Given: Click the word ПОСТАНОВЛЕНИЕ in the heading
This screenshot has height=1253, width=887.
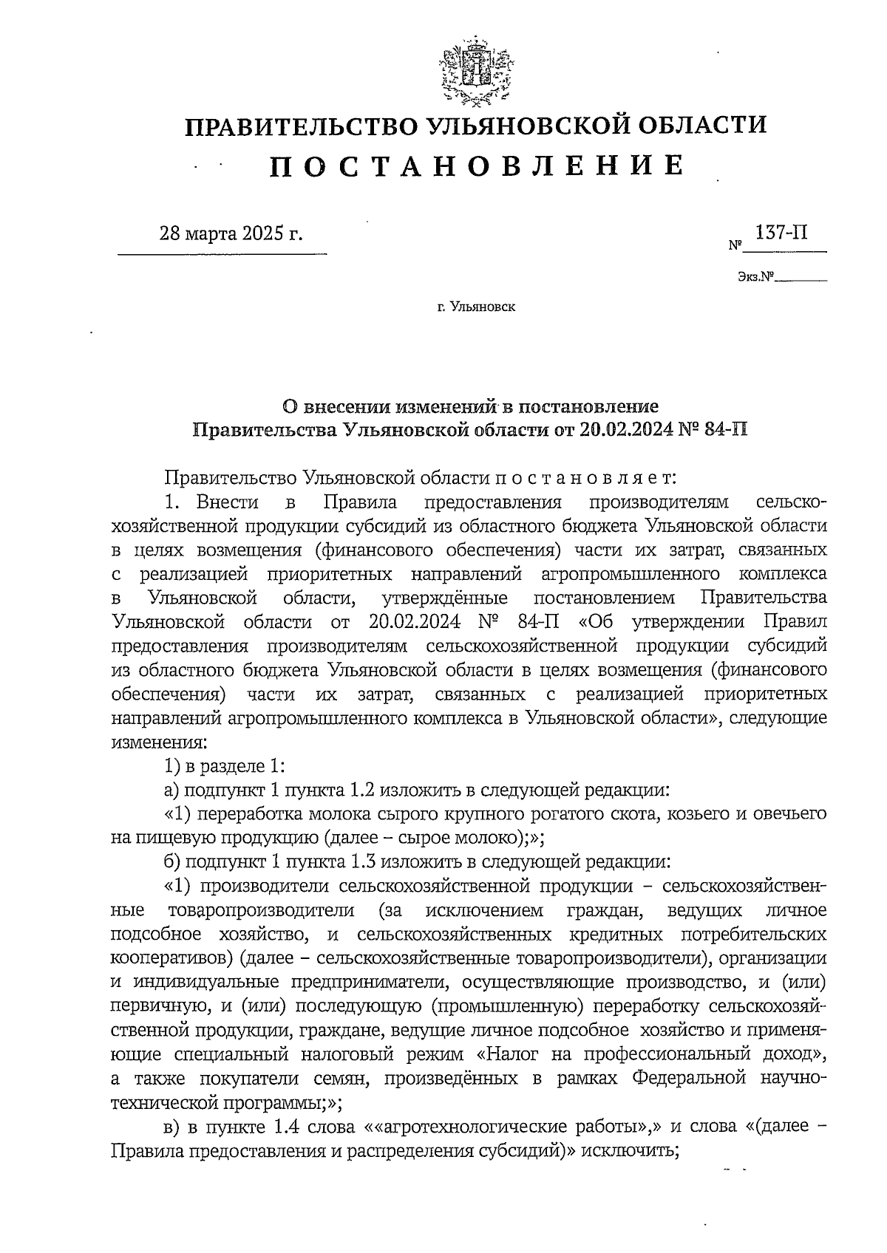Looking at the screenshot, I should (476, 166).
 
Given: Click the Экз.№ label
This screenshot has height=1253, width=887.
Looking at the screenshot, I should (755, 278).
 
